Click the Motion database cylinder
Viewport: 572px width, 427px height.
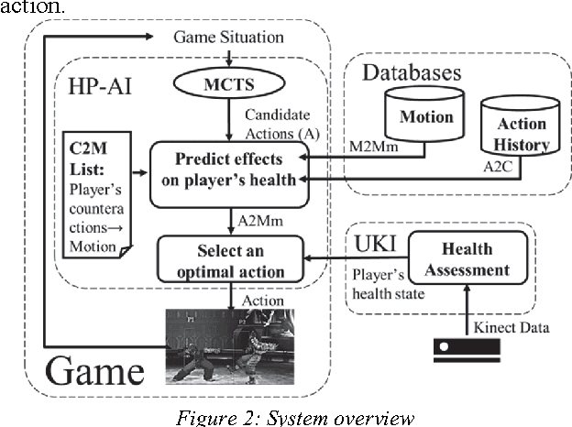425,118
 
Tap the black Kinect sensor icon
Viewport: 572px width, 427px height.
466,347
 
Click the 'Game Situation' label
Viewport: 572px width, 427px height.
228,38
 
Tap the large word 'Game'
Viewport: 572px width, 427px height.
96,369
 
